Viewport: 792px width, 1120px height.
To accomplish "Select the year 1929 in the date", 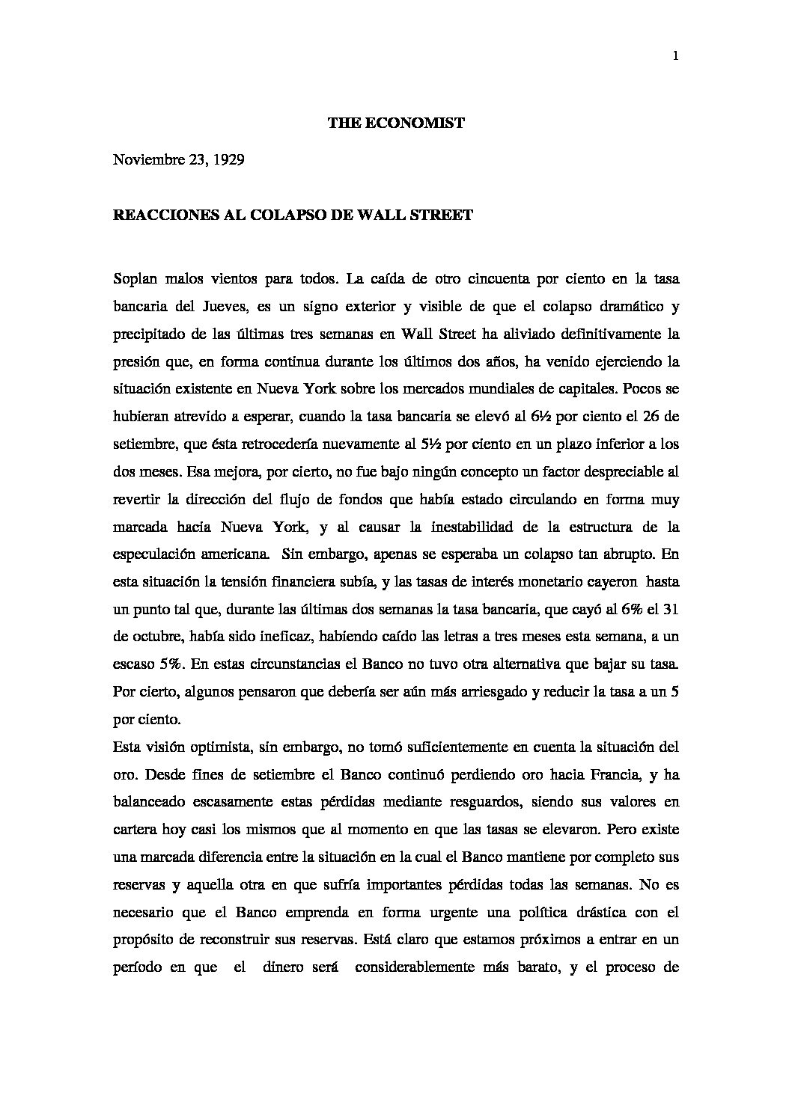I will coord(228,159).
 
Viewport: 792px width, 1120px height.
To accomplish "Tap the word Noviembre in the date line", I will coord(146,159).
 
